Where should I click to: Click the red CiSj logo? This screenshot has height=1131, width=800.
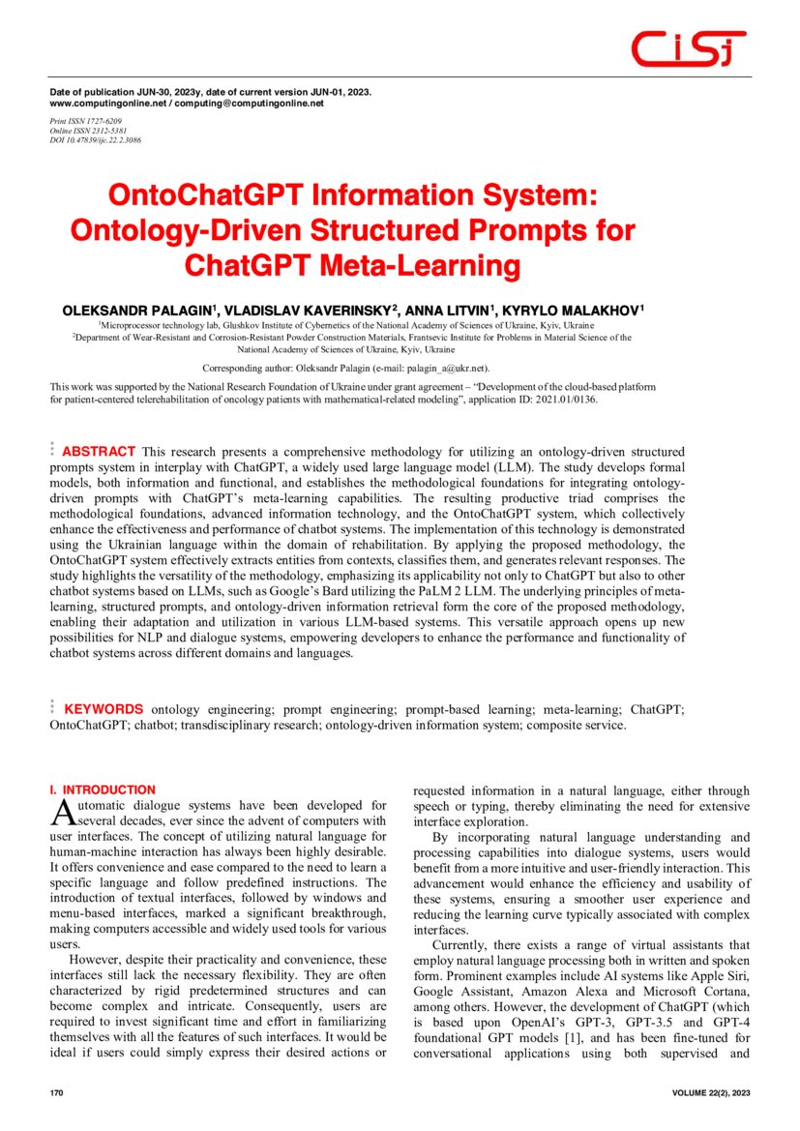[688, 48]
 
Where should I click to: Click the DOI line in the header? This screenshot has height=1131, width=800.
[95, 140]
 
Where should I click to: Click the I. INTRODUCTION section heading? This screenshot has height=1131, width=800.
[103, 790]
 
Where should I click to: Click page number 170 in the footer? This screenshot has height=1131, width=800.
[56, 1092]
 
